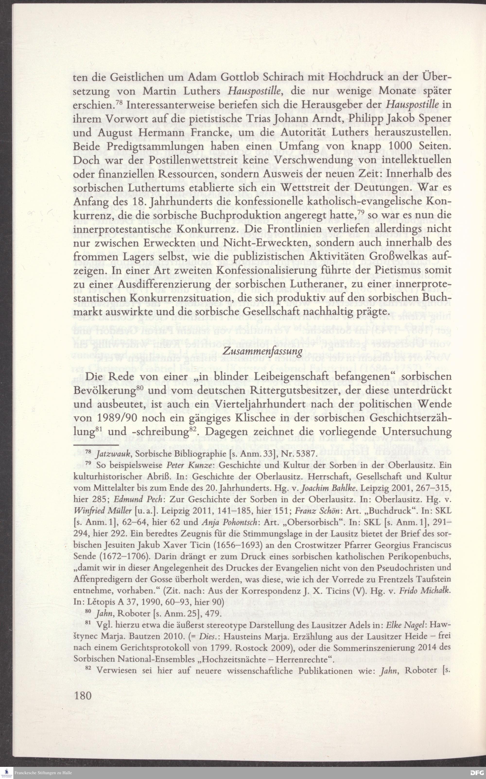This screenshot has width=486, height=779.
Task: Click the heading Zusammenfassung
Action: point(263,351)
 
